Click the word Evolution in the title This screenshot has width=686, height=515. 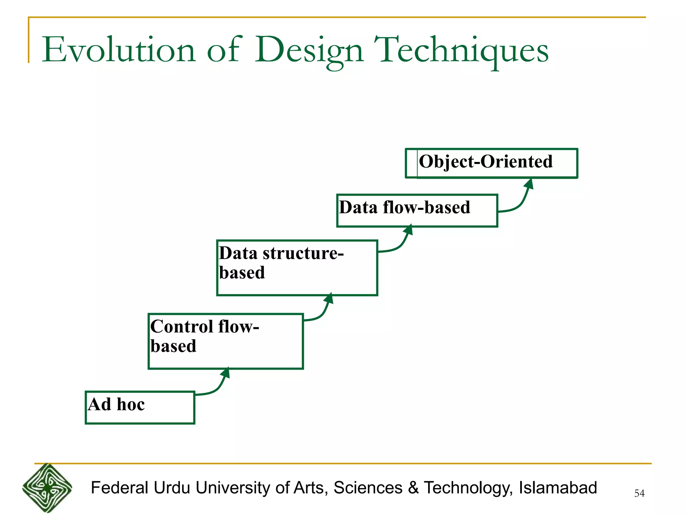pyautogui.click(x=119, y=50)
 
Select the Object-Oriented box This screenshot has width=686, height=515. pyautogui.click(x=491, y=163)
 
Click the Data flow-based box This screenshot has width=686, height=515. pyautogui.click(x=417, y=211)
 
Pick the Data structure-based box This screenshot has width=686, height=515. pyautogui.click(x=297, y=268)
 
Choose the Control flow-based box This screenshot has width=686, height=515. pyautogui.click(x=225, y=341)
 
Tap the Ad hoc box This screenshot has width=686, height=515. pyautogui.click(x=140, y=407)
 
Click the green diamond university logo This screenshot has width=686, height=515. pyautogui.click(x=47, y=488)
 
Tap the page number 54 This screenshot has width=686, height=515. pyautogui.click(x=639, y=493)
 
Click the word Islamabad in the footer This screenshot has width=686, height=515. pyautogui.click(x=558, y=488)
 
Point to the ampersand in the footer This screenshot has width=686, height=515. pyautogui.click(x=413, y=488)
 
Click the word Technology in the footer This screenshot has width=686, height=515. pyautogui.click(x=468, y=488)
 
